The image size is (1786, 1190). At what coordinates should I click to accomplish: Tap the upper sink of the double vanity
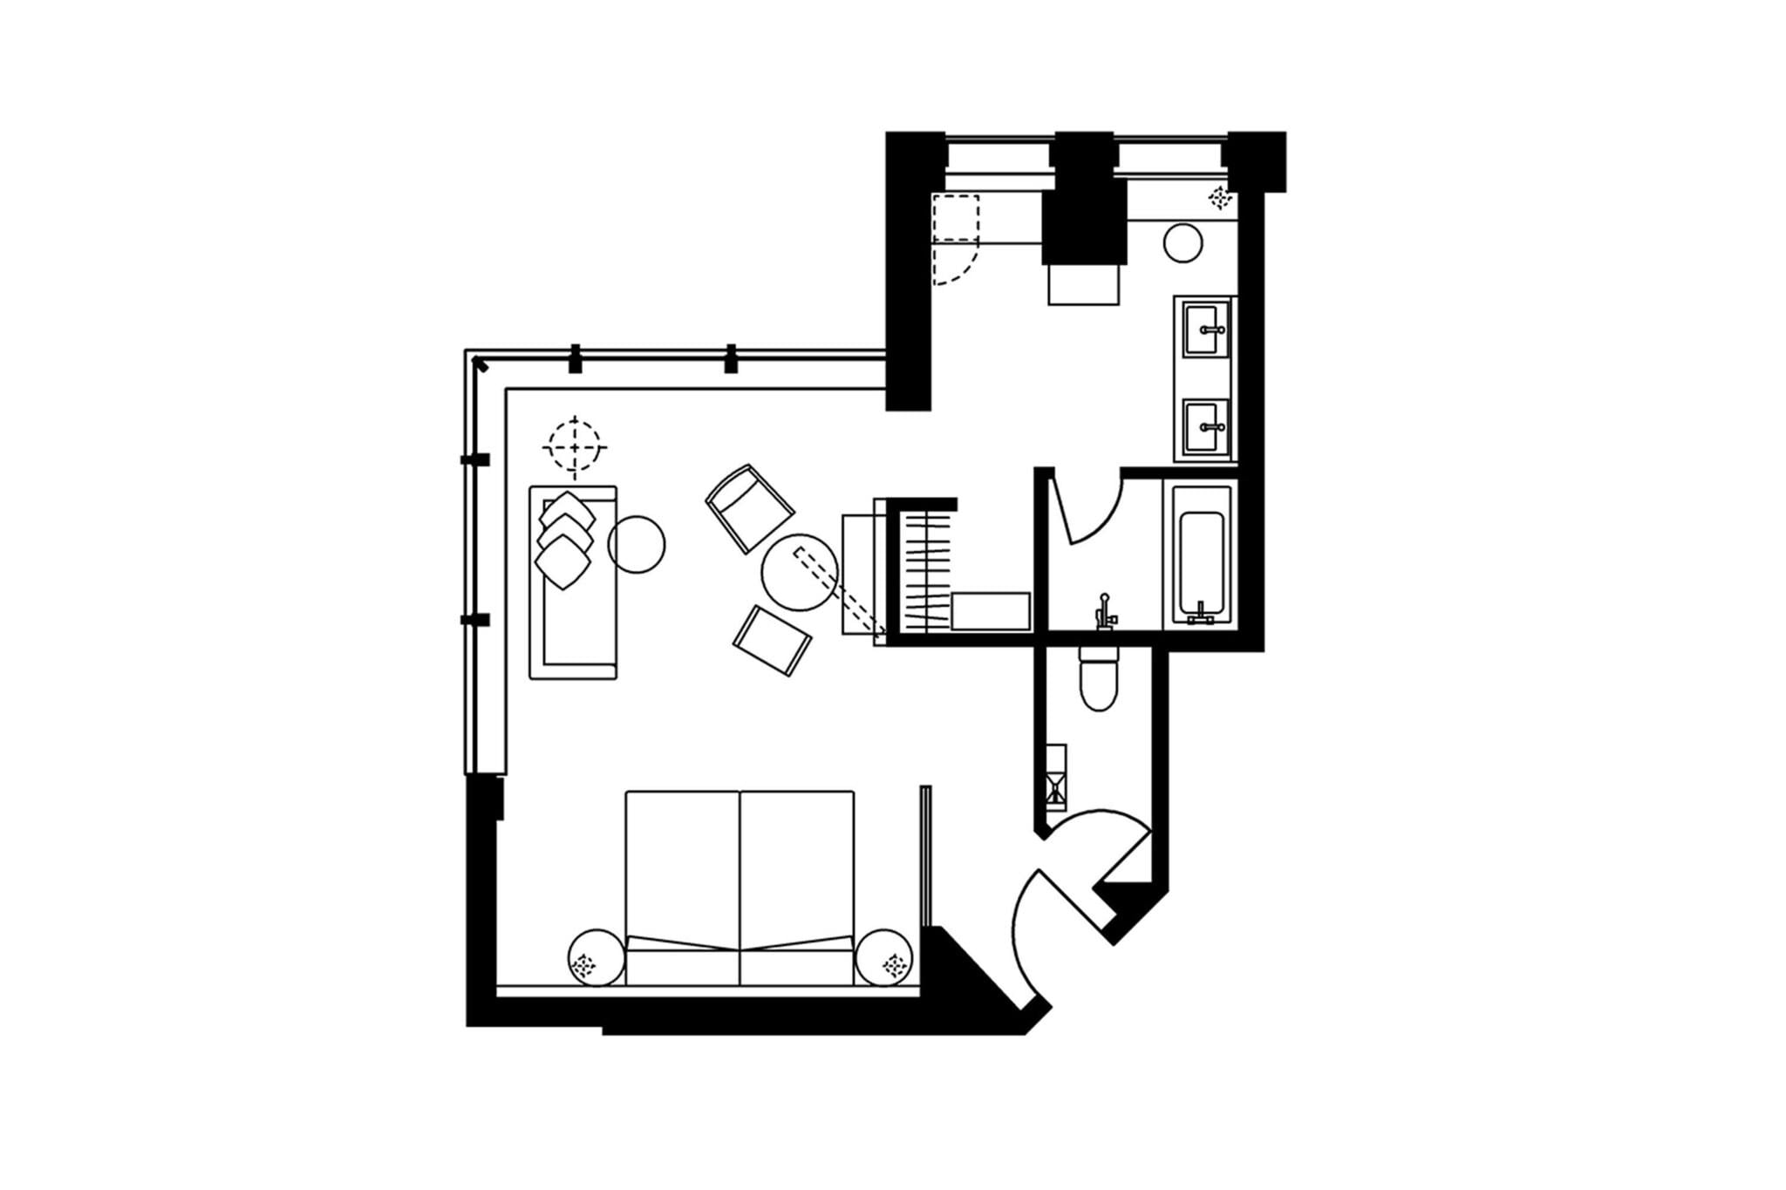click(1206, 330)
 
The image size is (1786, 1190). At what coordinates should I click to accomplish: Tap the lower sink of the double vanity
click(1206, 428)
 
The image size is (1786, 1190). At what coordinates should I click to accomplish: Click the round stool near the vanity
click(1183, 242)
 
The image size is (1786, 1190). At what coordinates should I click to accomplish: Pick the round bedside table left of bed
click(596, 957)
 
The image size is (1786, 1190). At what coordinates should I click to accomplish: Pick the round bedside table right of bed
click(885, 957)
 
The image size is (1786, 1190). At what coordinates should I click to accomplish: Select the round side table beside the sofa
click(637, 544)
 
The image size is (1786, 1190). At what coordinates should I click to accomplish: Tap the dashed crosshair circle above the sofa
click(574, 447)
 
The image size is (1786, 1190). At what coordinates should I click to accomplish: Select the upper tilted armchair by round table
click(749, 507)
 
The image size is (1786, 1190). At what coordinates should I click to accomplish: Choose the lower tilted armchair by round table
click(772, 641)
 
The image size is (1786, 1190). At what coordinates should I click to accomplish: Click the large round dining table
click(799, 572)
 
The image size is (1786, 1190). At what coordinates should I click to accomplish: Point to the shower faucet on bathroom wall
click(1105, 610)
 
